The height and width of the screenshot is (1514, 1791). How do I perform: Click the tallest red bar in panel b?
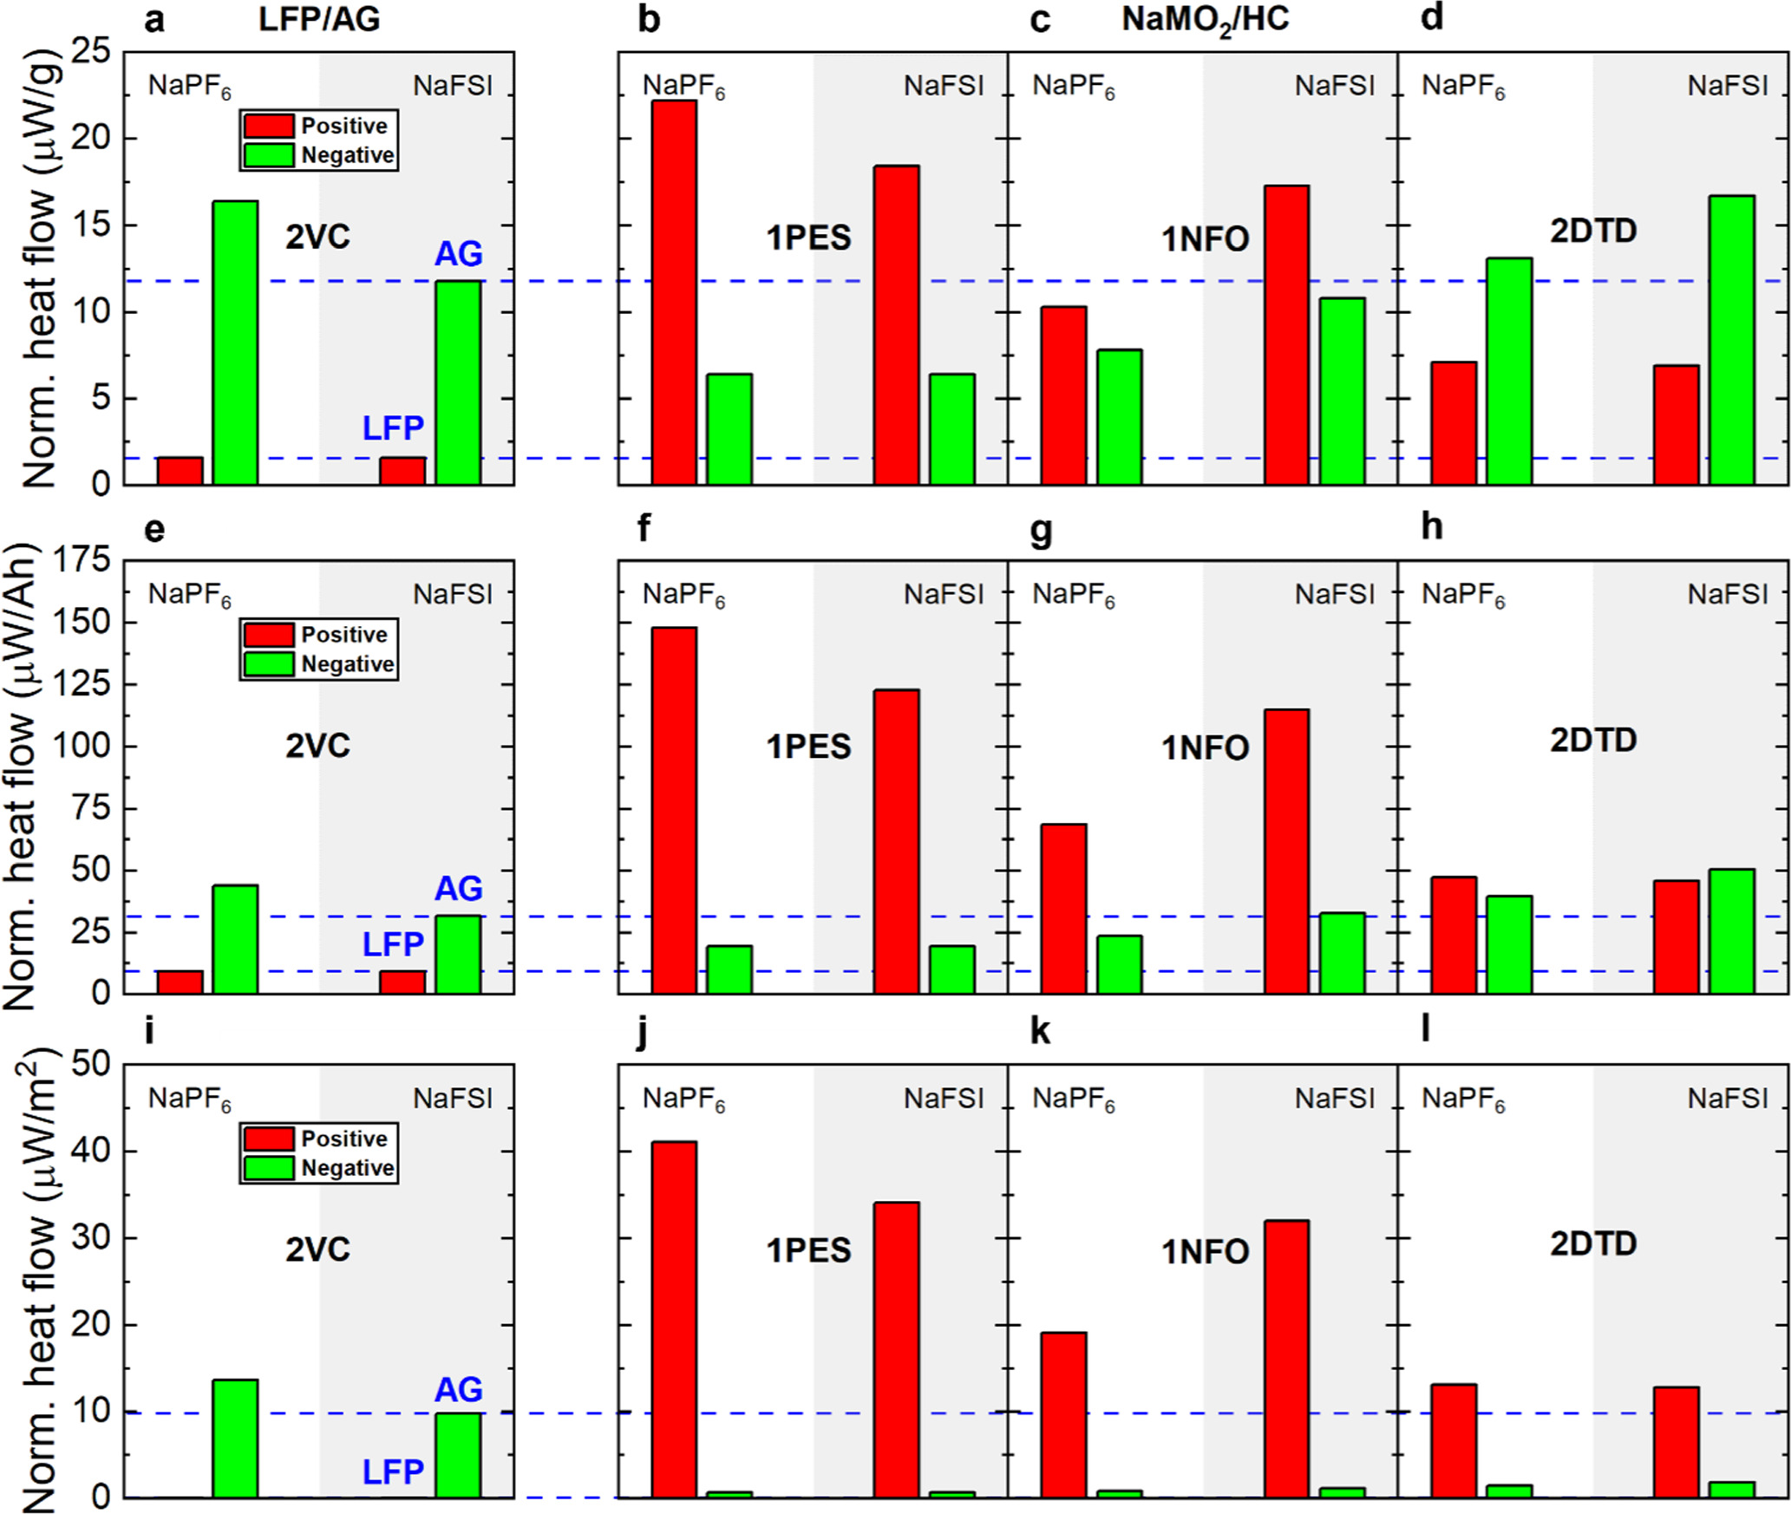click(x=674, y=292)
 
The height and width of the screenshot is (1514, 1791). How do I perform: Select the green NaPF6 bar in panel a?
click(x=235, y=343)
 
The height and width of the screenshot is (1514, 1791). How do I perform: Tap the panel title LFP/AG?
click(x=319, y=19)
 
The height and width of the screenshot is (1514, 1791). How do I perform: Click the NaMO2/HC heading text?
click(x=1205, y=19)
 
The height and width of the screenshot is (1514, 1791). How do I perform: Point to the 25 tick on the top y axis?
click(x=91, y=52)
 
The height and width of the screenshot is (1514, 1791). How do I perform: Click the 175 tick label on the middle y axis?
click(x=82, y=560)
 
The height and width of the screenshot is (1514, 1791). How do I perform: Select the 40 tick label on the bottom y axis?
click(x=91, y=1152)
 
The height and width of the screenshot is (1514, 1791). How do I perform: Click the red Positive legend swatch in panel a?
click(x=268, y=126)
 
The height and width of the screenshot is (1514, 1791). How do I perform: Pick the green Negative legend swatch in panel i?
click(x=268, y=1167)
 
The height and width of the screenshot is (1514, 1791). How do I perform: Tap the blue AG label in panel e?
click(x=458, y=889)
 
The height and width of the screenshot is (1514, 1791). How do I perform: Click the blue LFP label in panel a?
click(x=393, y=428)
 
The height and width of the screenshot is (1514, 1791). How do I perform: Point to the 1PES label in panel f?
click(x=808, y=747)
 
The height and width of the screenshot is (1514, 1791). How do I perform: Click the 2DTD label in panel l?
click(x=1593, y=1244)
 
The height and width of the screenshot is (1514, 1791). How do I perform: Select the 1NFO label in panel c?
click(x=1205, y=238)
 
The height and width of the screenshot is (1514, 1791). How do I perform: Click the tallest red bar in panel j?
click(x=674, y=1320)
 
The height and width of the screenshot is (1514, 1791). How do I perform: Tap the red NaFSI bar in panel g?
click(x=1287, y=852)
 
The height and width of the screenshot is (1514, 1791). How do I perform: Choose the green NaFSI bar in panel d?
click(x=1732, y=340)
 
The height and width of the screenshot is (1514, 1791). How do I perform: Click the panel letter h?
click(x=1432, y=526)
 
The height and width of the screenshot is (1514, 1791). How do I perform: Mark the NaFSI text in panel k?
click(x=1335, y=1099)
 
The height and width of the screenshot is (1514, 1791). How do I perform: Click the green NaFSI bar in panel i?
click(x=458, y=1456)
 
